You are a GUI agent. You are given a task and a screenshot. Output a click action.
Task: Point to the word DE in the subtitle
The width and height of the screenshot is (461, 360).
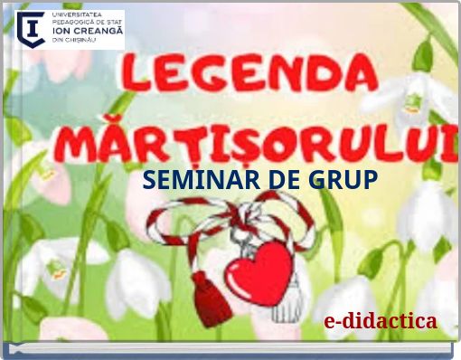click(275, 180)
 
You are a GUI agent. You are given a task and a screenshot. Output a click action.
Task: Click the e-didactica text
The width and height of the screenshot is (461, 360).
click(381, 321)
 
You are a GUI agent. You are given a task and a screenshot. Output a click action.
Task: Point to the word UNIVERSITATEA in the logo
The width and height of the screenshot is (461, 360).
click(80, 14)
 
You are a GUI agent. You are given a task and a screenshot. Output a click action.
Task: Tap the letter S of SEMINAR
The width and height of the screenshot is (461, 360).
click(149, 180)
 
